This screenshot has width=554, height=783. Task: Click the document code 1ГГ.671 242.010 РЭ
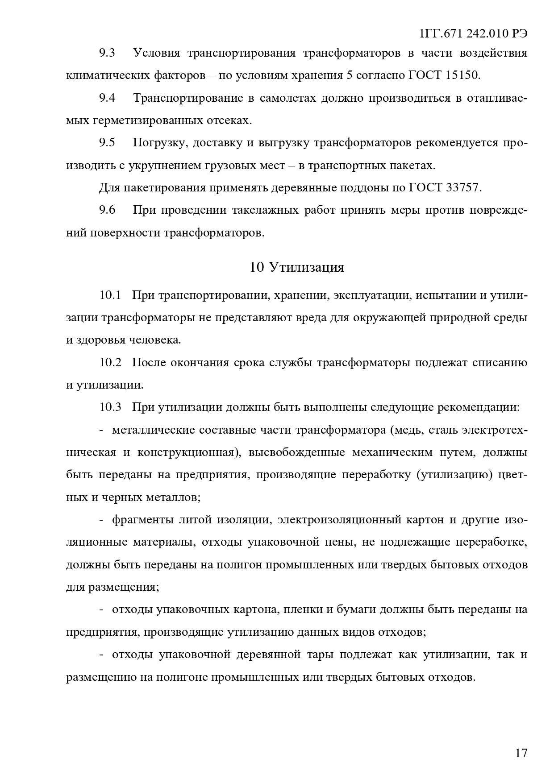click(x=474, y=34)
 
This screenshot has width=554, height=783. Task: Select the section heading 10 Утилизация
click(x=297, y=267)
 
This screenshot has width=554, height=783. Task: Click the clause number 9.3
click(x=107, y=53)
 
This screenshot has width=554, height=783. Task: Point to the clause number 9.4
click(x=107, y=98)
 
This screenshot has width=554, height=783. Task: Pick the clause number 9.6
click(x=107, y=210)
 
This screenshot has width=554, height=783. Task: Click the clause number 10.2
click(x=110, y=362)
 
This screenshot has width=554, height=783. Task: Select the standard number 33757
click(x=463, y=188)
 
